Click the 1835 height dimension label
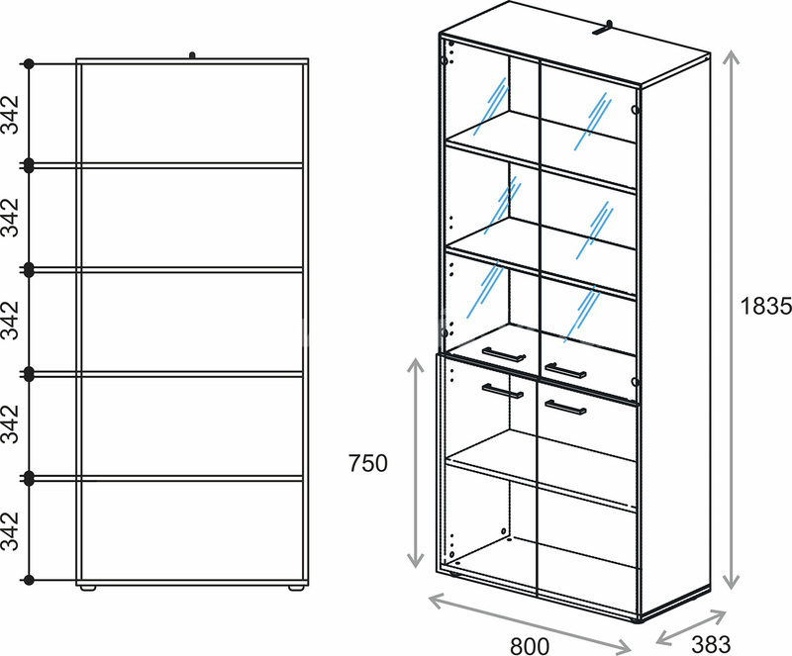point(765,306)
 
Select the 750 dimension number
point(368,463)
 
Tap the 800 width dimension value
point(530,646)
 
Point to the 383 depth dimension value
point(711,645)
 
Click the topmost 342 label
point(10,115)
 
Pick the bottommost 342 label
point(10,530)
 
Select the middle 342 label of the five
point(10,321)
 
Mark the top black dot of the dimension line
point(29,64)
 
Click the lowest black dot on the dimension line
point(29,580)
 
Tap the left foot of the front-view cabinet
point(88,589)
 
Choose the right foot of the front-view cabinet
point(296,589)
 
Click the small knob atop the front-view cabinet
point(192,55)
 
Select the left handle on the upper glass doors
point(504,354)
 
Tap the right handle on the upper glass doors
point(565,371)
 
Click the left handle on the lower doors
point(503,392)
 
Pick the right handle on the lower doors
point(565,407)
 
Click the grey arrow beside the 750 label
point(415,462)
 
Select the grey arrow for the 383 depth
point(690,627)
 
